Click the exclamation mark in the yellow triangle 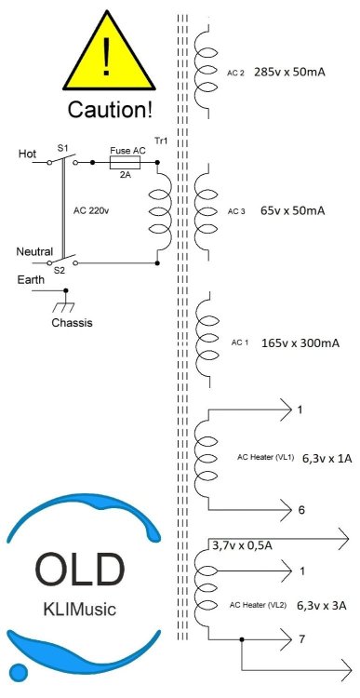[x=110, y=57]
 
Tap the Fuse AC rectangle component [x=124, y=162]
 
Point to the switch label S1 [x=62, y=148]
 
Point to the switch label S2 [x=60, y=270]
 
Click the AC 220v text [x=92, y=210]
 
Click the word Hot [x=28, y=154]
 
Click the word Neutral [x=34, y=251]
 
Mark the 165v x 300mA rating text [x=300, y=343]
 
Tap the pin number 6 [x=300, y=511]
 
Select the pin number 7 [x=301, y=641]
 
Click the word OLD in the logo [x=79, y=570]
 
